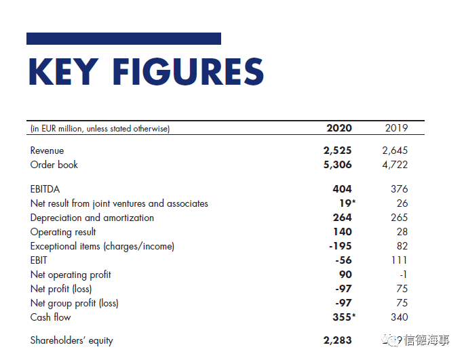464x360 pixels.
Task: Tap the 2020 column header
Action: pos(339,128)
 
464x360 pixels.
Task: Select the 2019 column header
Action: pos(396,128)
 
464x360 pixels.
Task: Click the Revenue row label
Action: pos(47,151)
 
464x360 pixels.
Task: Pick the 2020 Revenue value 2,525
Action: pos(338,151)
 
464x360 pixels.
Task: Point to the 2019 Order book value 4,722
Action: pos(395,165)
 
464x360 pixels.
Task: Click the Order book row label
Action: pos(54,165)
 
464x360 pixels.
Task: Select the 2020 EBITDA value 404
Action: pos(342,189)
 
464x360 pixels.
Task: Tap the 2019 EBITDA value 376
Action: pos(399,189)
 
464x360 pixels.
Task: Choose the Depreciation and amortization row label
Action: pos(92,218)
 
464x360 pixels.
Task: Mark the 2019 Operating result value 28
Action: pos(402,232)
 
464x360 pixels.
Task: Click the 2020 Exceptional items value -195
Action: pos(340,246)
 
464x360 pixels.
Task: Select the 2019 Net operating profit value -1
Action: pos(402,275)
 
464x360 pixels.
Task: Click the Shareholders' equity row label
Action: pos(72,340)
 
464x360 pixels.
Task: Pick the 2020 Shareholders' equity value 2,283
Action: pos(338,340)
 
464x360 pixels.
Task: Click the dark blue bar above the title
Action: pos(123,39)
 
